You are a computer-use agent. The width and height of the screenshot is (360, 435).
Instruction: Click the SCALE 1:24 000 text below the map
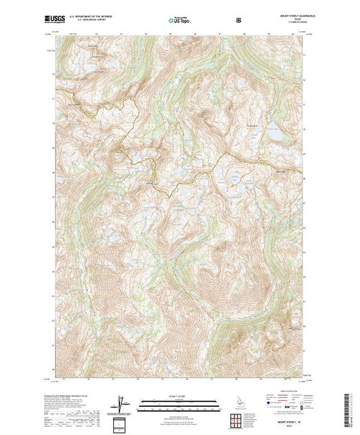(178, 396)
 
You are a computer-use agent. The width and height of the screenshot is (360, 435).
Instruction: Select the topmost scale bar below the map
(178, 400)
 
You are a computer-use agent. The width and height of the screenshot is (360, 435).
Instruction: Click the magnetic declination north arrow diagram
(122, 403)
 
